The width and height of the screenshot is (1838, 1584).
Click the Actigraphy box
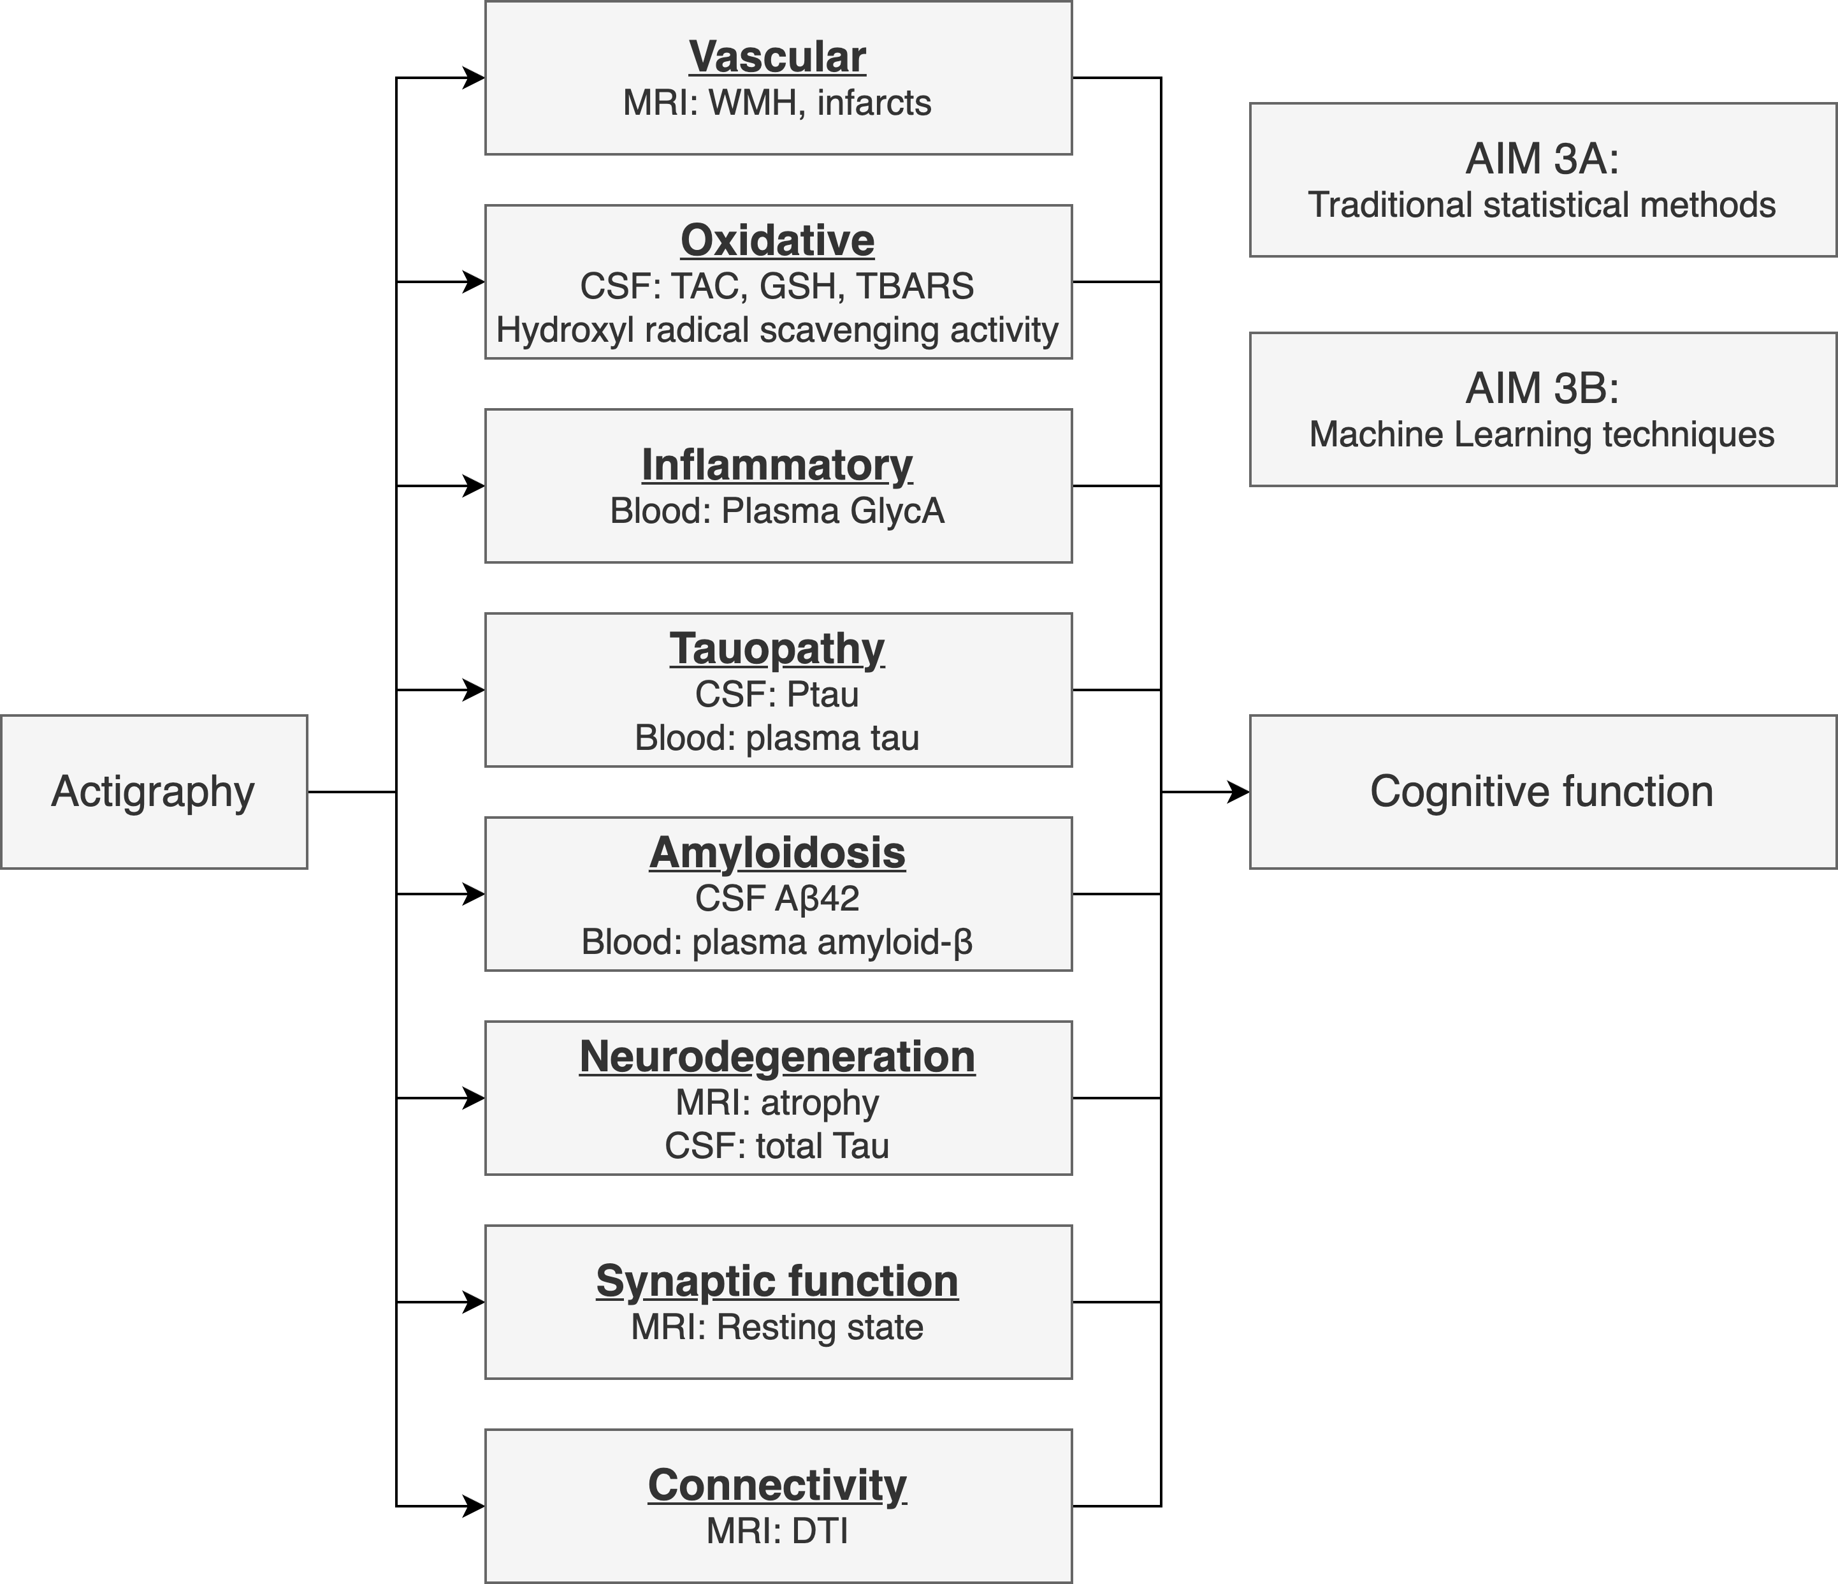click(154, 791)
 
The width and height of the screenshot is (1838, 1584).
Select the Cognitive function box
click(1542, 791)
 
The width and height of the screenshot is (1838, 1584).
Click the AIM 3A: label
click(1542, 159)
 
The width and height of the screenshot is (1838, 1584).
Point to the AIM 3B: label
click(1542, 389)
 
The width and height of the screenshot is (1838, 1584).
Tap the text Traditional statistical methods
click(1542, 205)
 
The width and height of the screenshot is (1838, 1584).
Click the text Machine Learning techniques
click(1542, 435)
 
